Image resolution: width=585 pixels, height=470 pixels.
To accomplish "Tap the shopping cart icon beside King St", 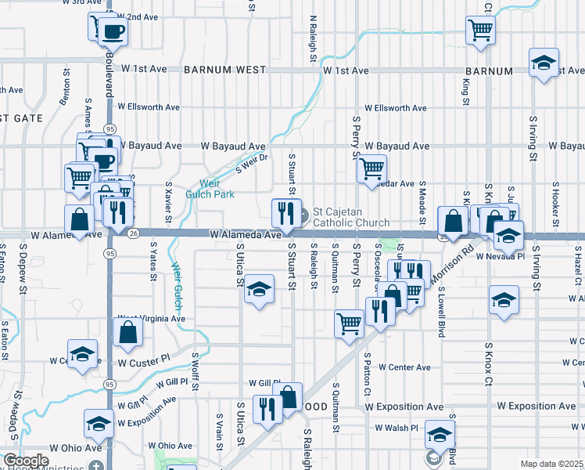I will click(480, 31).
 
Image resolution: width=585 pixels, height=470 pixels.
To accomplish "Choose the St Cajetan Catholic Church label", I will click(350, 217).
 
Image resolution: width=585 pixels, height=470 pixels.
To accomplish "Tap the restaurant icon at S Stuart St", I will click(285, 213).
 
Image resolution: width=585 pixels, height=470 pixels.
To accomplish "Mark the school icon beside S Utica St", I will click(258, 291).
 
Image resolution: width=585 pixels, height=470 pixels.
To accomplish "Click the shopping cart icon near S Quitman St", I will click(349, 323).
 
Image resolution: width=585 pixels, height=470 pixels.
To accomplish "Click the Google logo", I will click(26, 461).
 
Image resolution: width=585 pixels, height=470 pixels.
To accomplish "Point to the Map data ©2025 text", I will click(551, 464).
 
